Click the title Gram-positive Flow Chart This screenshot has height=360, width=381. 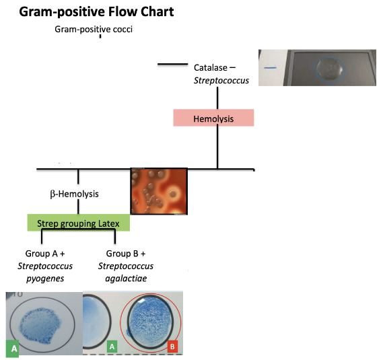click(x=96, y=11)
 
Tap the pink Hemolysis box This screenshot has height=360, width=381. click(x=213, y=118)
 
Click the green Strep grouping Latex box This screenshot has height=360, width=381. click(x=78, y=222)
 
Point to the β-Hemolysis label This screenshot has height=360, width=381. click(x=74, y=194)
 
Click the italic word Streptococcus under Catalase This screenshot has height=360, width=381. click(x=221, y=80)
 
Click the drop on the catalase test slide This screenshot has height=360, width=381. click(x=329, y=68)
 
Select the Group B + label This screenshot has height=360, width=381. click(x=126, y=254)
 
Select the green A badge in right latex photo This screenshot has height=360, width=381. click(x=113, y=346)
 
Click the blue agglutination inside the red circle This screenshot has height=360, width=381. click(x=151, y=321)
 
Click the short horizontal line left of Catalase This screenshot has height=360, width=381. click(x=172, y=65)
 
